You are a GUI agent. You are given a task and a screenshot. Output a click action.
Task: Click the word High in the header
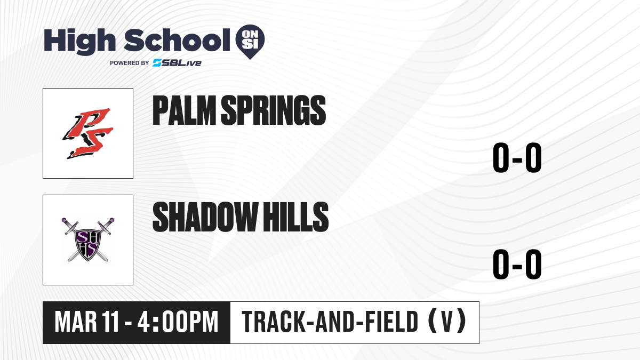pos(79,42)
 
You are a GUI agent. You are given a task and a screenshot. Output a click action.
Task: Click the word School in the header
pos(177,40)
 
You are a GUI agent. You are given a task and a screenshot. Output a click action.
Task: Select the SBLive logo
pos(177,63)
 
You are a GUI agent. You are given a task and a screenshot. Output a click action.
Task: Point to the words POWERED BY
pos(130,63)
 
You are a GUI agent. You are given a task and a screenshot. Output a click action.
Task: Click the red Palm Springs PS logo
pos(88,133)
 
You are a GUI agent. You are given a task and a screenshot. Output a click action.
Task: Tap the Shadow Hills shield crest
pos(87,239)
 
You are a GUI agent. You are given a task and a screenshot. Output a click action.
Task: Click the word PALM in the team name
pos(185,110)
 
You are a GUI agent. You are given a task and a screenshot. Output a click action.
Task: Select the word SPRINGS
pos(274,110)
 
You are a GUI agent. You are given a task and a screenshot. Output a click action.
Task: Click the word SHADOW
pos(205,217)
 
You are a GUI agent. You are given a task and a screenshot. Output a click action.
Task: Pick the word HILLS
pos(295,217)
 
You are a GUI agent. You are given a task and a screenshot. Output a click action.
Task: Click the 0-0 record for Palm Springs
pos(517,157)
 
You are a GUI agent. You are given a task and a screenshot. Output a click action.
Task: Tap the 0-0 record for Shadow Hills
pos(517,264)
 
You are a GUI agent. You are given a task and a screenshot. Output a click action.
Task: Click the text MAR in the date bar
pos(76,322)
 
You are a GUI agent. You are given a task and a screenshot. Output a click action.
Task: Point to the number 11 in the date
pos(110,322)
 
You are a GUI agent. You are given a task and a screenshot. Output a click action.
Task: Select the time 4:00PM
pos(178,322)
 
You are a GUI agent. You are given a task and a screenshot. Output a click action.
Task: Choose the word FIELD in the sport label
pos(392,322)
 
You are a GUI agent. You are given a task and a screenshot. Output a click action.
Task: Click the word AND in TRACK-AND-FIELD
pos(335,322)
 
